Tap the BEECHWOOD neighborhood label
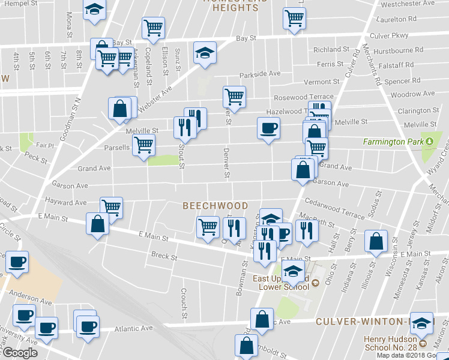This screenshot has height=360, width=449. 215,206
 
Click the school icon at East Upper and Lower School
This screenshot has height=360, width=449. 293,272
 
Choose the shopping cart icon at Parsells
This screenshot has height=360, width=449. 143,145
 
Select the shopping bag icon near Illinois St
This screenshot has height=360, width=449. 376,241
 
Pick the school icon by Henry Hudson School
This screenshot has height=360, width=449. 421,323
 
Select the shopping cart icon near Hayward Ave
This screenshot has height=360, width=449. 111,207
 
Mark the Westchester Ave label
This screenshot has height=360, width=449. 408,3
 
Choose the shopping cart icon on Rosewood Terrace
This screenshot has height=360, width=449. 234,96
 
